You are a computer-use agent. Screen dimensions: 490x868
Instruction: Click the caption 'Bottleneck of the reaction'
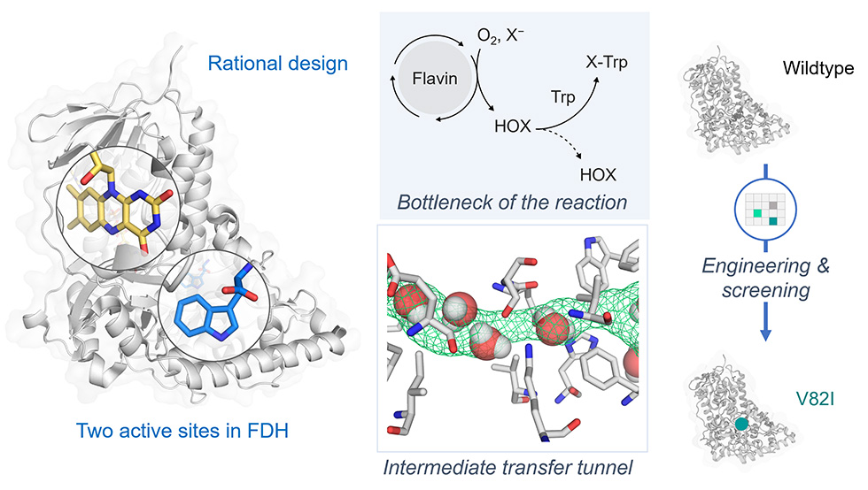(x=512, y=202)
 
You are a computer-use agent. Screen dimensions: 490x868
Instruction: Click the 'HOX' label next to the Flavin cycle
(x=513, y=127)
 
